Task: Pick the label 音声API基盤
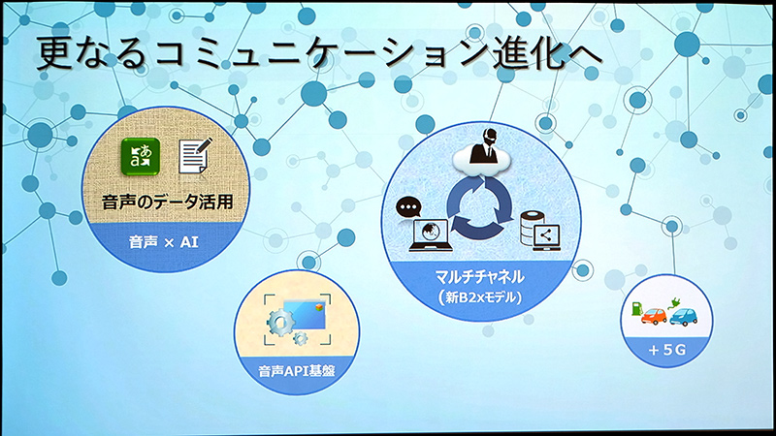pyautogui.click(x=297, y=368)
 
